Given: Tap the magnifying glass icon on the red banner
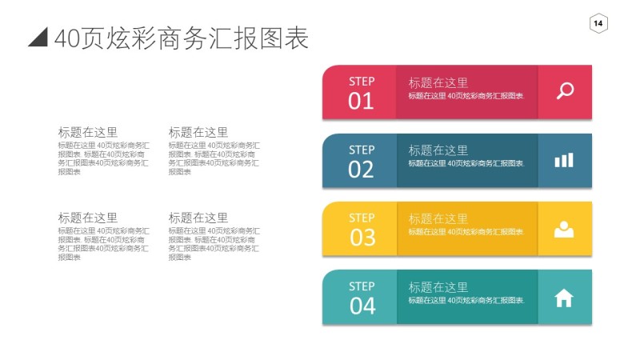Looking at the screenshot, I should pos(565,90).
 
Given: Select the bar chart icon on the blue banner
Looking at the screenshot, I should pos(564,160).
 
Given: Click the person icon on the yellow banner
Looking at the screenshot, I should pos(564,229).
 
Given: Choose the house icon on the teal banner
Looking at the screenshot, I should pos(564,298).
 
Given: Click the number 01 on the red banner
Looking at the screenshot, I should pos(361,101).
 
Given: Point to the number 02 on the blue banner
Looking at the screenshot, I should pos(361,170).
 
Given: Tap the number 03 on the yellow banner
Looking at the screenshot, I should pos(362,238).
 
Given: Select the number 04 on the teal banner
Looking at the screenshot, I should pos(362,306).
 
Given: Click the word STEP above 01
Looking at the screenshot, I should pos(362,81).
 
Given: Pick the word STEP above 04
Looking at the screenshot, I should pos(362,286).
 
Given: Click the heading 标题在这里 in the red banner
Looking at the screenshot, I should pos(438,82).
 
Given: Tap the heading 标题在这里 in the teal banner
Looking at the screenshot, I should pos(438,287).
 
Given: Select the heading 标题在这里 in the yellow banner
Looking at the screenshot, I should pos(438,218).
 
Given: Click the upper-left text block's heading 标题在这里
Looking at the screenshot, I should pos(87,132).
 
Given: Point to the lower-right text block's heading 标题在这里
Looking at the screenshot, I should pos(198,218).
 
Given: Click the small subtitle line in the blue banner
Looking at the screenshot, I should pos(466,163).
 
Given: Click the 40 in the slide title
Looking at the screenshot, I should pos(67,38).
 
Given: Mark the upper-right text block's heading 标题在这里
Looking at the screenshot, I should pos(198,132).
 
